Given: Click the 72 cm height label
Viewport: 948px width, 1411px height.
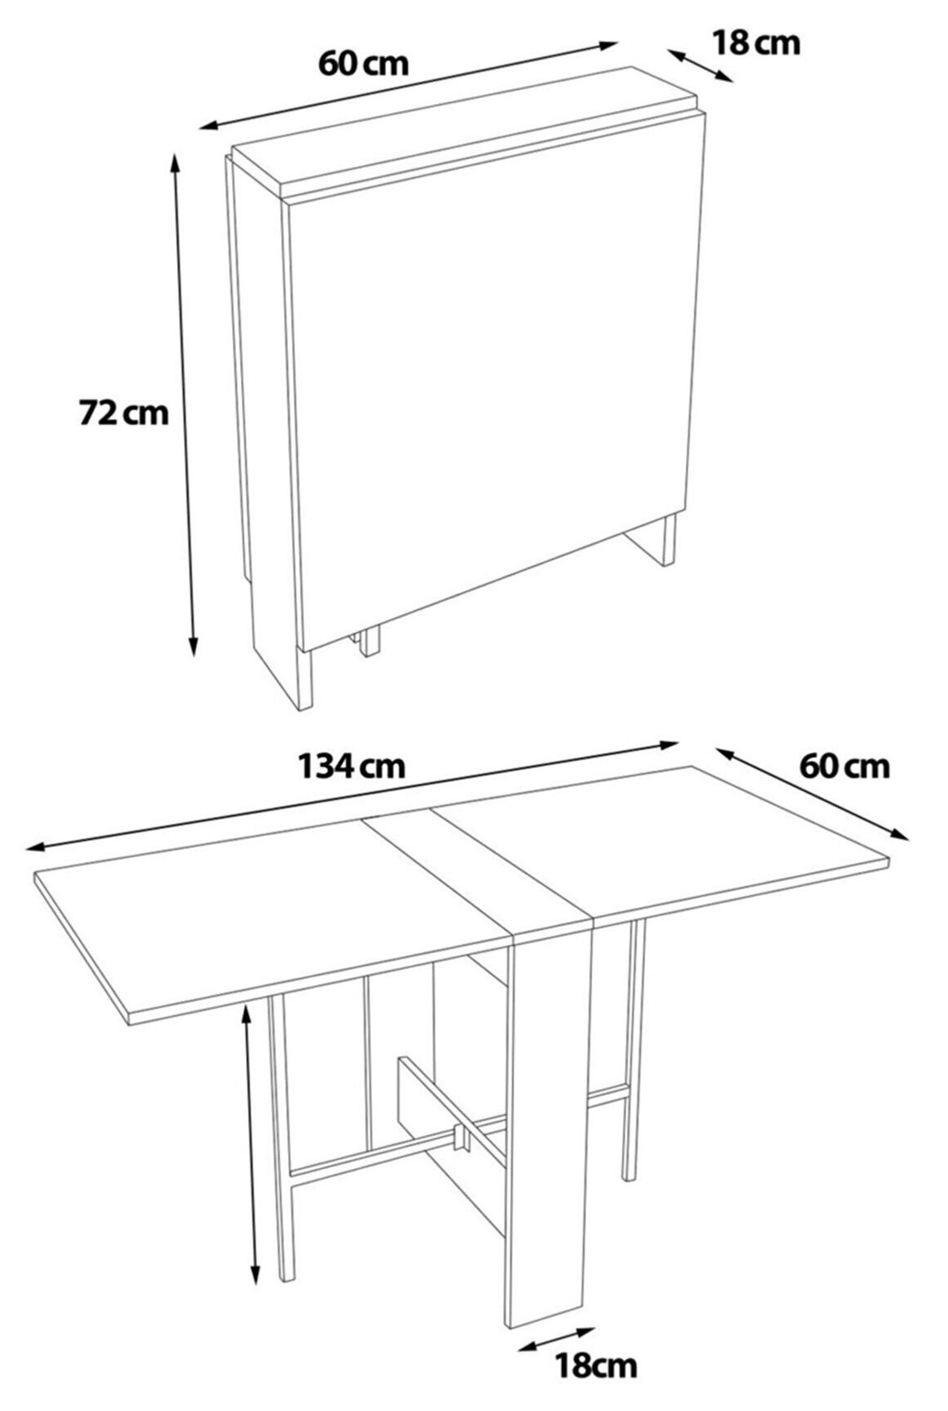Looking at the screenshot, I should (123, 412).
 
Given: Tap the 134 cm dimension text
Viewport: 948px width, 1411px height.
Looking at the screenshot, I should (353, 765).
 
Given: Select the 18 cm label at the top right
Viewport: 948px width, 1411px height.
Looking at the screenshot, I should (756, 42).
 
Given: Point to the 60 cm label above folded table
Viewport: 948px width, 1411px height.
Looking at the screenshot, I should (363, 62).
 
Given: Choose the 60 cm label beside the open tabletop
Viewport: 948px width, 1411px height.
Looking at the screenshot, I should (844, 765).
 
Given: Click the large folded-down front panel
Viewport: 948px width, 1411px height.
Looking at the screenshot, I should (491, 374).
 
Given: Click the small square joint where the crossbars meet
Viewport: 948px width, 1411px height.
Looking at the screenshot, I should (458, 1137).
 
